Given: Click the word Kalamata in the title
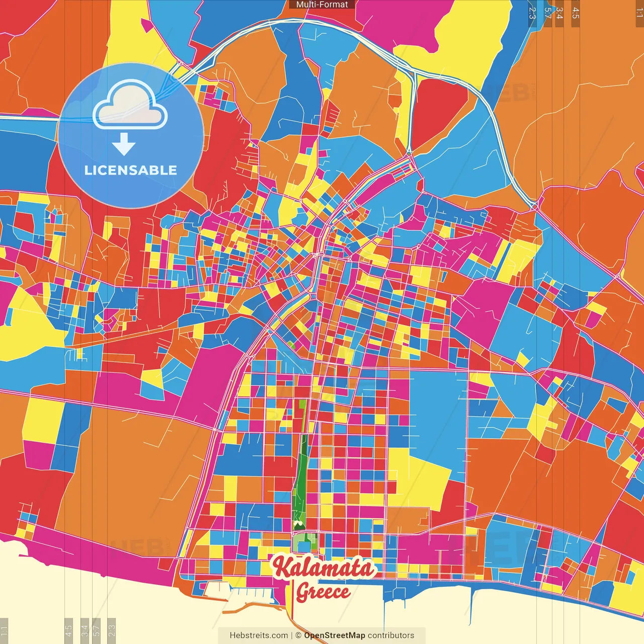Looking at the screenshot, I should pos(325,568).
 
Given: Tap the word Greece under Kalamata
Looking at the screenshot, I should pos(323,592).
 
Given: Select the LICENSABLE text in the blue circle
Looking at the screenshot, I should pos(131,170).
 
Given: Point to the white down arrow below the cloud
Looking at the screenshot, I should pos(124,144).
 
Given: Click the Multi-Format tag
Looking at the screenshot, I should pos(322,5).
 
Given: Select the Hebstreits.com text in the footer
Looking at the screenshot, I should pos(259,635).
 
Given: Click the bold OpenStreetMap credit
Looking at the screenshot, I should pos(334,635).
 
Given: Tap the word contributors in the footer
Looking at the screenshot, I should pos(391,635).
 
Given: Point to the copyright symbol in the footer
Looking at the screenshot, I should pos(298,635).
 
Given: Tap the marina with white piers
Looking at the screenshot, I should pos(242,594).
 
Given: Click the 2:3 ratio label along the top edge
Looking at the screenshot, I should pos(532,12).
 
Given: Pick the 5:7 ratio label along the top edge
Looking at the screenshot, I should pos(547,12).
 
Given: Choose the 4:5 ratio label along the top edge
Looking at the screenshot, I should pos(575,12).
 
